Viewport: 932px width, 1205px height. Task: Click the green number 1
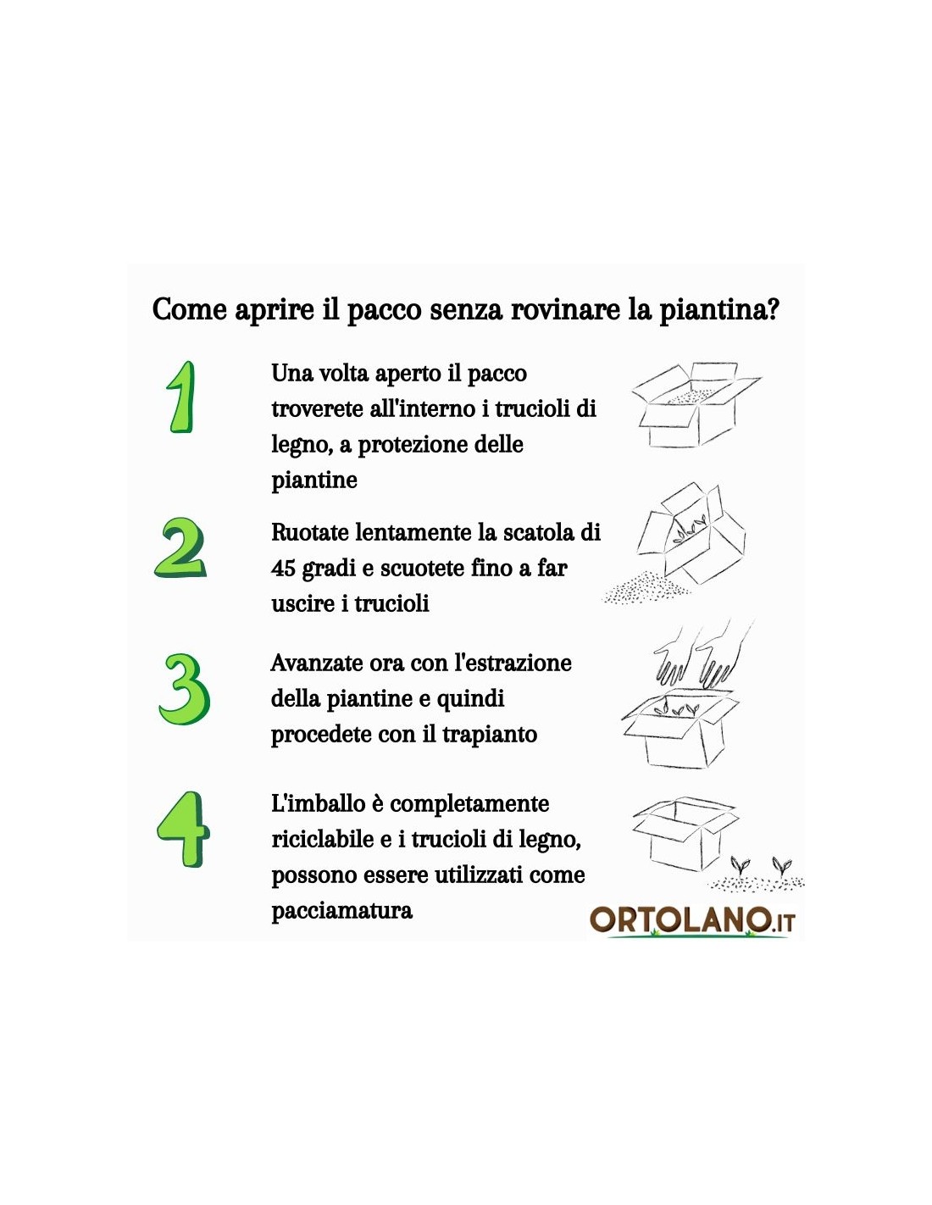click(x=181, y=397)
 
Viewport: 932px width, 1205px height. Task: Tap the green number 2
click(x=180, y=548)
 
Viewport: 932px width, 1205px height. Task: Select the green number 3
click(x=184, y=690)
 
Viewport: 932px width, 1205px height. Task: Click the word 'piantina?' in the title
click(x=719, y=310)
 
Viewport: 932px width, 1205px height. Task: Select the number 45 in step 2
click(x=283, y=569)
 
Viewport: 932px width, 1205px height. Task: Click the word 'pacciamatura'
click(x=342, y=911)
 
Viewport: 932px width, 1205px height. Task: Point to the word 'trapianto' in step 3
click(x=490, y=735)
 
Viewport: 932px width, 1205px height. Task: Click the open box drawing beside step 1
click(x=696, y=405)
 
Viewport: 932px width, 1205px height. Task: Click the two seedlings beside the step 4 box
click(x=760, y=865)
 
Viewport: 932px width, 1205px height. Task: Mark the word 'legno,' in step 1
click(x=302, y=446)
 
